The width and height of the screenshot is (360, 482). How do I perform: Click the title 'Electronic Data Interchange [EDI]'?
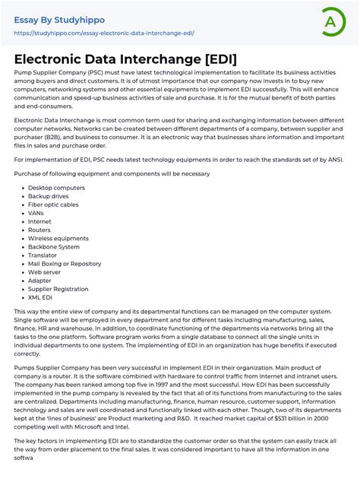click(125, 59)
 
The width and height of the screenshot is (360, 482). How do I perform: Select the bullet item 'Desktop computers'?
click(56, 187)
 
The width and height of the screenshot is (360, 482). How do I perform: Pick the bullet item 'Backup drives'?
click(49, 196)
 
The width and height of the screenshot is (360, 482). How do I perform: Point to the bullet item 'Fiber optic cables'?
click(55, 205)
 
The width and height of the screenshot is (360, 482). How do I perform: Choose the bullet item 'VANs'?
click(36, 214)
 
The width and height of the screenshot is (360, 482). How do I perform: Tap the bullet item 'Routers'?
click(40, 230)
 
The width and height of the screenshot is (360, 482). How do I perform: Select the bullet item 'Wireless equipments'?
click(58, 238)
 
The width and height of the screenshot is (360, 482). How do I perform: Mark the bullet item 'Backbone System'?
click(54, 247)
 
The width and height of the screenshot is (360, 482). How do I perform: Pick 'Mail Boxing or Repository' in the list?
click(65, 264)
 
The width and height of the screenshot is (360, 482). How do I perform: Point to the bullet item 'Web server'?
click(45, 272)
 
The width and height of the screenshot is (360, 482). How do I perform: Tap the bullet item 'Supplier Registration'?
click(59, 289)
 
